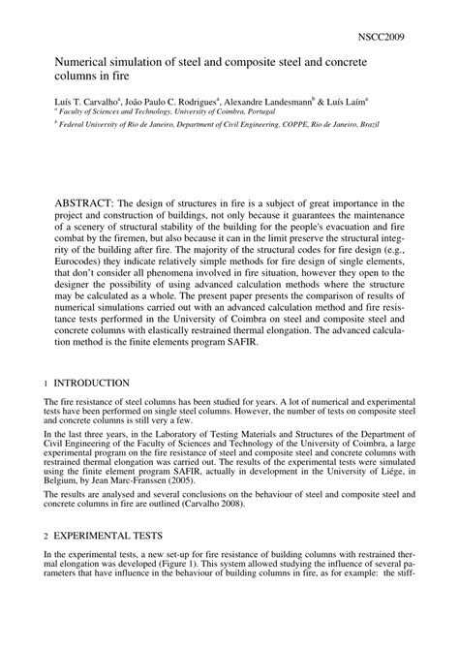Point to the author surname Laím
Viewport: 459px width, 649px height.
[360, 100]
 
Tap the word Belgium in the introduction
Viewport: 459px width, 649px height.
[66, 491]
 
